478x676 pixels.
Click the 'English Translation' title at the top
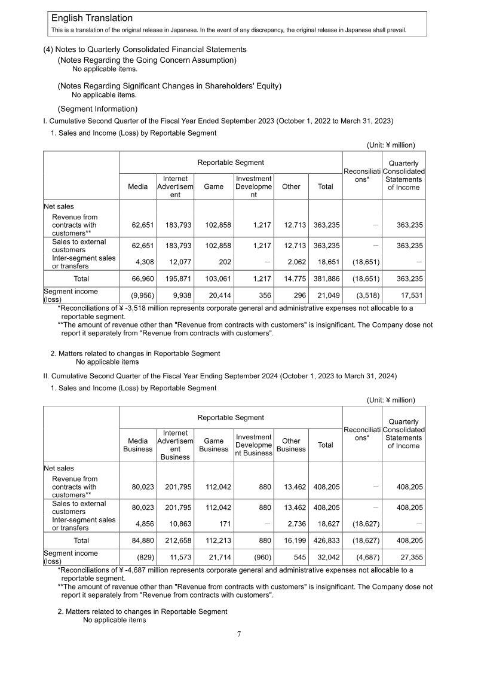point(92,19)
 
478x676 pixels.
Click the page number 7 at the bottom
point(239,634)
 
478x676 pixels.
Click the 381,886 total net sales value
point(327,279)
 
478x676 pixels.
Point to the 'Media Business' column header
point(137,445)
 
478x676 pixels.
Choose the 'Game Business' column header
point(214,445)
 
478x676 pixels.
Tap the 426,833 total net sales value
point(327,540)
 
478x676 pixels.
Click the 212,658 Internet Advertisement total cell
point(176,540)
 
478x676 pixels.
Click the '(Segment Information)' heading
point(97,109)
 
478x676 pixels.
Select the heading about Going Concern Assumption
point(147,60)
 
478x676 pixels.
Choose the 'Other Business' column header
point(291,445)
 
